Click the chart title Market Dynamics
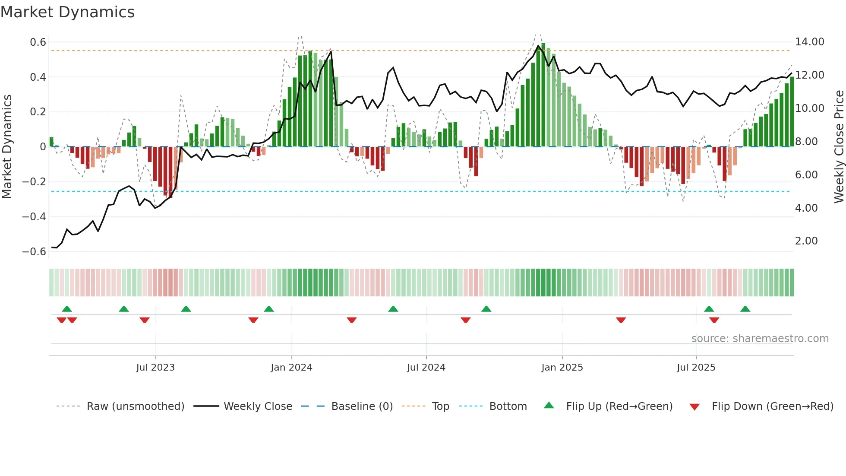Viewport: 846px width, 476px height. pyautogui.click(x=67, y=12)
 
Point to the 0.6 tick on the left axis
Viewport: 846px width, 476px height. pyautogui.click(x=38, y=42)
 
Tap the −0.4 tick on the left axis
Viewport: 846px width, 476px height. pyautogui.click(x=34, y=216)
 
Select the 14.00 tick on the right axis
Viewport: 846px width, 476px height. pyautogui.click(x=809, y=42)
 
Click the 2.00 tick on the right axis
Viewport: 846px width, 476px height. pyautogui.click(x=806, y=241)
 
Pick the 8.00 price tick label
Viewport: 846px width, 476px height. pyautogui.click(x=806, y=142)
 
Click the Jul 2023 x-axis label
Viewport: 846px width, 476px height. pyautogui.click(x=155, y=368)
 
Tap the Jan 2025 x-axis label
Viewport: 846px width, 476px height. pyautogui.click(x=562, y=368)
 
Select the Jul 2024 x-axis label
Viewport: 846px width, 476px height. pyautogui.click(x=426, y=368)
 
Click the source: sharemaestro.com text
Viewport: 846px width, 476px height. pyautogui.click(x=760, y=339)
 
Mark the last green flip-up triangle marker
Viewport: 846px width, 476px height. pyautogui.click(x=745, y=309)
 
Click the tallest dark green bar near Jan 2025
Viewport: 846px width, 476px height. pyautogui.click(x=543, y=95)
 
